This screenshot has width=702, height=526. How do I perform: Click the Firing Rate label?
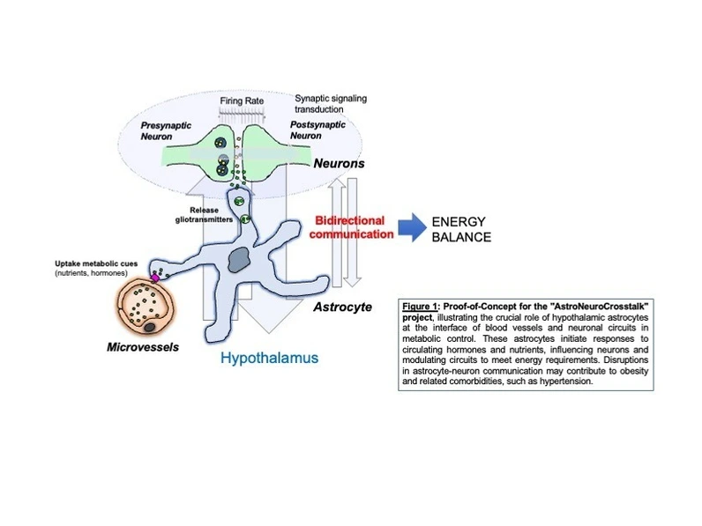point(243,102)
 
